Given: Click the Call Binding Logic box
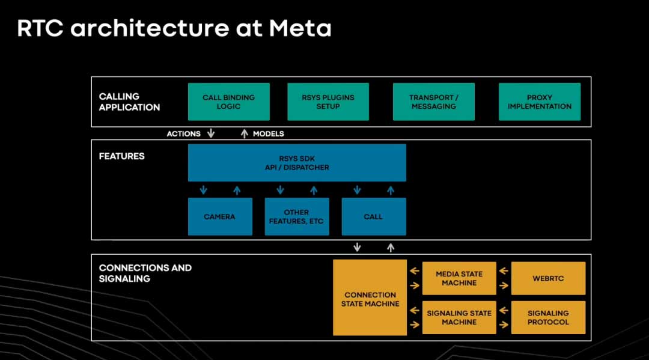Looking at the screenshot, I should pyautogui.click(x=228, y=102).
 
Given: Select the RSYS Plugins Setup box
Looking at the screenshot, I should pyautogui.click(x=328, y=102).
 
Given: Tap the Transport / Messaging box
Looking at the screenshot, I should pyautogui.click(x=433, y=102).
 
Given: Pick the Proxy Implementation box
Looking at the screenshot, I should pyautogui.click(x=539, y=102).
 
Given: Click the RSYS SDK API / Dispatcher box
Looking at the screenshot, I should pyautogui.click(x=297, y=162).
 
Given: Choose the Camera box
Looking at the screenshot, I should pyautogui.click(x=219, y=216).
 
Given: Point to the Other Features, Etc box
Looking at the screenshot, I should pyautogui.click(x=296, y=216).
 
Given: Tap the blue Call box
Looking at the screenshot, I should pyautogui.click(x=373, y=216).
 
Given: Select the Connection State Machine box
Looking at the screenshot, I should pyautogui.click(x=370, y=299).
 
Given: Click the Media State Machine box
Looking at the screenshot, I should pyautogui.click(x=459, y=278).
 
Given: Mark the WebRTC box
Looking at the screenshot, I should pyautogui.click(x=548, y=278).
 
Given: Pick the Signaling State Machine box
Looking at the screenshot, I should pyautogui.click(x=459, y=317).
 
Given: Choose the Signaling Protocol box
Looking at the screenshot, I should pyautogui.click(x=548, y=317).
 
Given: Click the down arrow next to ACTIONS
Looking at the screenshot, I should pyautogui.click(x=210, y=133).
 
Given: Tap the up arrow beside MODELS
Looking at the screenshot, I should pyautogui.click(x=244, y=133).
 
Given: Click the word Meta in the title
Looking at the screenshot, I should pyautogui.click(x=300, y=28).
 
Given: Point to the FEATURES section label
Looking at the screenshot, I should pyautogui.click(x=121, y=156).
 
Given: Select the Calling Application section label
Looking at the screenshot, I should pyautogui.click(x=129, y=102).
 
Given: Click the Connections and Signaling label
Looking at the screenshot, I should pyautogui.click(x=145, y=273).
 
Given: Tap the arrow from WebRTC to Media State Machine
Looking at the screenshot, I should pyautogui.click(x=504, y=270).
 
